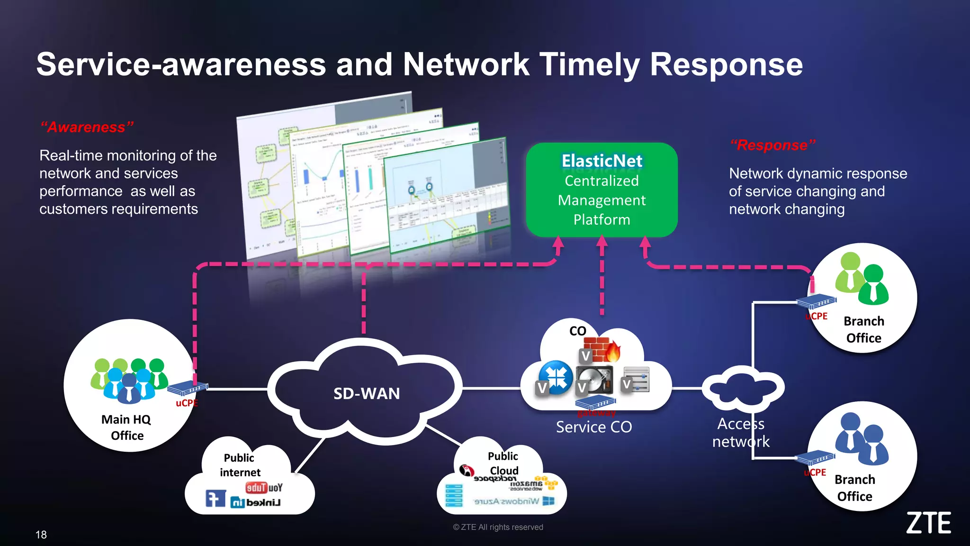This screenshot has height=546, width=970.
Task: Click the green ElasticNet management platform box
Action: click(x=602, y=190)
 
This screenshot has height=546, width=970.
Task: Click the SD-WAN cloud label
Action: click(x=367, y=393)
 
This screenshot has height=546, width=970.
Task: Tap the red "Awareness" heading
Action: click(x=87, y=127)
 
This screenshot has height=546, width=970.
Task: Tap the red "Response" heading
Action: click(x=772, y=145)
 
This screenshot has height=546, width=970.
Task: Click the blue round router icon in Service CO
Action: click(x=557, y=377)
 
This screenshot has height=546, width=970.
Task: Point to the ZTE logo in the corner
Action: click(x=928, y=523)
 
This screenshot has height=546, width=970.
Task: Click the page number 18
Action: click(x=41, y=535)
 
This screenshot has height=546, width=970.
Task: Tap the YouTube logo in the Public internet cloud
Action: click(x=264, y=487)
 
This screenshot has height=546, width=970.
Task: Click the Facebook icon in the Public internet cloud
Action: click(x=215, y=499)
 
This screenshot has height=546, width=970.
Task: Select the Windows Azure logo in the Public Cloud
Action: click(x=514, y=501)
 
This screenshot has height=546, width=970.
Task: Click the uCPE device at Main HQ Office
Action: click(x=188, y=389)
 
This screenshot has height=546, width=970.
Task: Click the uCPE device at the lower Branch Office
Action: click(x=815, y=458)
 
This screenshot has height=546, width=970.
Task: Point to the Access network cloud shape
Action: click(x=742, y=389)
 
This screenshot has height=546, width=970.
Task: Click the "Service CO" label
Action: click(x=594, y=427)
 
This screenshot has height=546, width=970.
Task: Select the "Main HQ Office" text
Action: click(x=126, y=428)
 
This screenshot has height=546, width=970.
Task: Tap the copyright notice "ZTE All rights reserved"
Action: click(x=498, y=527)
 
